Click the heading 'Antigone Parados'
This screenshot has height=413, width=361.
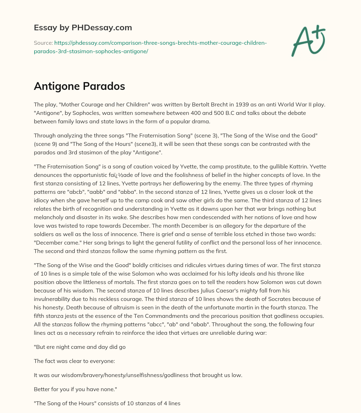[79, 86]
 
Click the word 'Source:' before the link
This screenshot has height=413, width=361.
[43, 43]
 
